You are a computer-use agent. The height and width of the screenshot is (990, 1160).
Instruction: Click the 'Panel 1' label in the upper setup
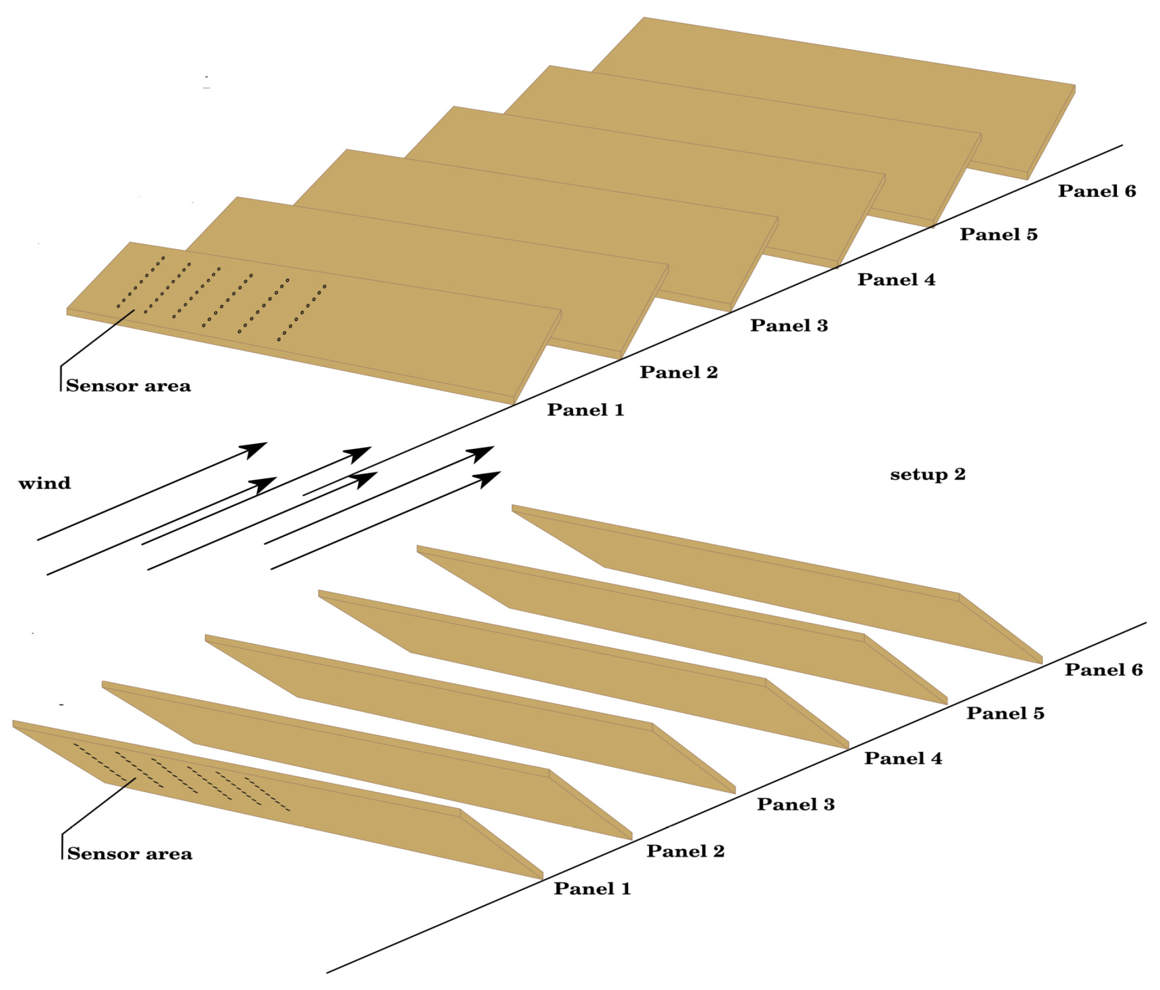point(585,410)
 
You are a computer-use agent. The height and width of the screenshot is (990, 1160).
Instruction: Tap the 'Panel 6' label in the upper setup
point(1096,191)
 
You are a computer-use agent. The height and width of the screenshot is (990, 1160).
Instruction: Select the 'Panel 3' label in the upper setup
point(788,325)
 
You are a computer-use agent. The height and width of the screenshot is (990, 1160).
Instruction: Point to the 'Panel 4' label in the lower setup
point(902,758)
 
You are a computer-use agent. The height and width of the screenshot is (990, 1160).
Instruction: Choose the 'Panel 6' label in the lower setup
point(1103,670)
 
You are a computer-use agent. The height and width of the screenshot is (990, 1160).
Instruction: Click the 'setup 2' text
point(927,475)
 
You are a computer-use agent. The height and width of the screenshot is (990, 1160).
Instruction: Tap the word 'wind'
point(45,483)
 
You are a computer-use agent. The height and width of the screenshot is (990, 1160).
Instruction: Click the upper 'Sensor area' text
point(128,386)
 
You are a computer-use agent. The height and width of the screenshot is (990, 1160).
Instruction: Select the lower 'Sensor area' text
point(129,854)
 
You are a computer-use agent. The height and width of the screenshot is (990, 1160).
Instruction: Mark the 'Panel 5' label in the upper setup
point(998,234)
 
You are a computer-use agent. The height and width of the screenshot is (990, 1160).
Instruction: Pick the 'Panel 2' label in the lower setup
point(685,851)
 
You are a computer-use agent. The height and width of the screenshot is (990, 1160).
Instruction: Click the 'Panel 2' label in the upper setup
point(679,372)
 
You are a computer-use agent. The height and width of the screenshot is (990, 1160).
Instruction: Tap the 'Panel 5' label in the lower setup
point(1005,713)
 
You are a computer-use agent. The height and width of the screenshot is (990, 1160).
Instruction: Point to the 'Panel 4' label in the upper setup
point(896,279)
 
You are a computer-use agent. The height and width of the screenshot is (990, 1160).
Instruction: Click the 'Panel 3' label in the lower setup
point(796,804)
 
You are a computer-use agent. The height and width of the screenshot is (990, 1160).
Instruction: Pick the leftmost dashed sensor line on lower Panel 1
point(100,761)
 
